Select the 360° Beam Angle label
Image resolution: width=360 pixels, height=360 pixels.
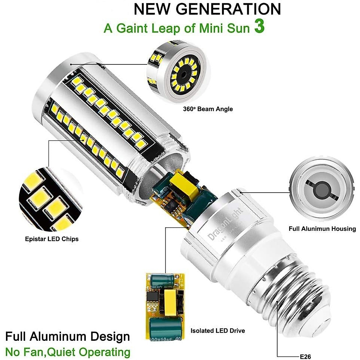pos(208,109)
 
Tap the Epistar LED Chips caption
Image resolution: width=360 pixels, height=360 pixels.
pos(52,239)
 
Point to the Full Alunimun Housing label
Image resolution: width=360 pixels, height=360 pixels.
pos(322,229)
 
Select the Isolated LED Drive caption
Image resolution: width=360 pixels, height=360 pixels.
pos(217,331)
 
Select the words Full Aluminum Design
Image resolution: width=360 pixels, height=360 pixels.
pos(67,336)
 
